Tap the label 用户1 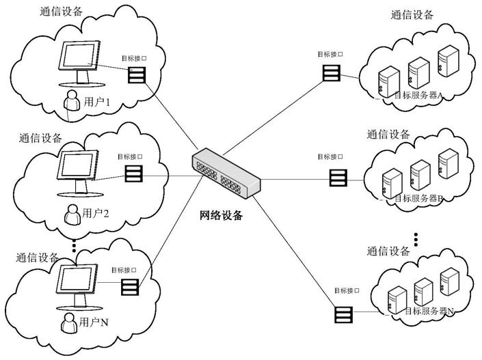point(97,102)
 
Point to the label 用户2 point(96,212)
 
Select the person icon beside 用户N point(68,322)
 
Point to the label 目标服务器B point(420,198)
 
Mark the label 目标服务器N point(429,311)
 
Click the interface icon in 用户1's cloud point(136,73)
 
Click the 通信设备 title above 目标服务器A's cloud point(412,15)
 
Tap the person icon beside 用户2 point(71,214)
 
